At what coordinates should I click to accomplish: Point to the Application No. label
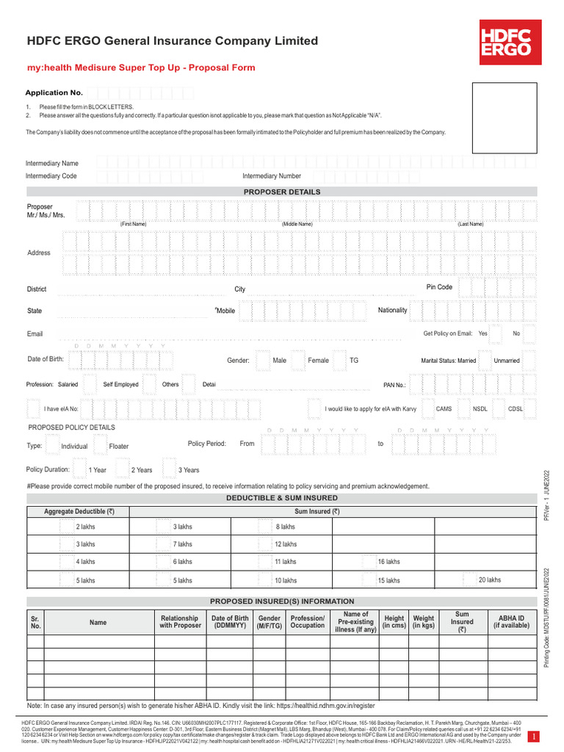pos(54,93)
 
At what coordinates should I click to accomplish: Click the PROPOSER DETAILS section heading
pos(282,192)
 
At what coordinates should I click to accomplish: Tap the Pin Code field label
pos(439,287)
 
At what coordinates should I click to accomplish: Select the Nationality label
pos(392,310)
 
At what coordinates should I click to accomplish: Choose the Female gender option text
pos(318,361)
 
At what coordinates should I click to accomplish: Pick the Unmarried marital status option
pos(507,361)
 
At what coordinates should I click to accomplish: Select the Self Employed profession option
pos(120,384)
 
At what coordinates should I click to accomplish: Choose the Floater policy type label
pos(119,446)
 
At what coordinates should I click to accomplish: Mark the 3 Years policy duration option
pos(188,470)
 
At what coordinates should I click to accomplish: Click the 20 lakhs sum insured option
pos(490,579)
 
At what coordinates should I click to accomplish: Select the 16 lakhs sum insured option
pos(388,562)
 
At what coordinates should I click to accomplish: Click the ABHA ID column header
pos(511,621)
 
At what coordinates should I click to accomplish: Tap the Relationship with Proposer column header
pos(179,622)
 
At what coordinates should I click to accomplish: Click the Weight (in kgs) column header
pos(424,622)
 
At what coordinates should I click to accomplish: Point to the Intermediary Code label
pos(51,176)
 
